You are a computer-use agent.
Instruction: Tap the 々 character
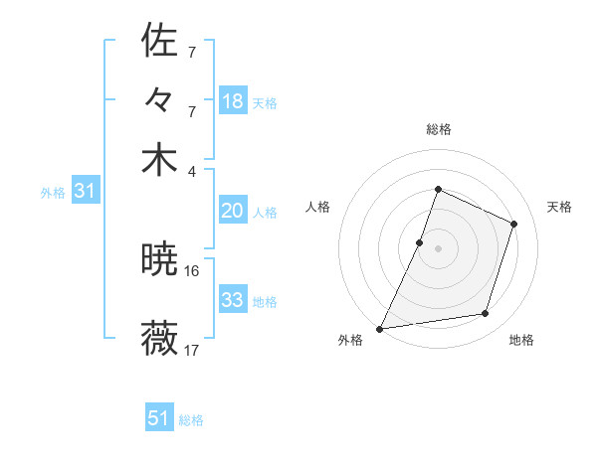[x=159, y=100]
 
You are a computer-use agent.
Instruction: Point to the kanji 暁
[x=159, y=261]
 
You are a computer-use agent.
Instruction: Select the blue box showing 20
[x=232, y=210]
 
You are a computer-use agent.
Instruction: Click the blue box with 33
[x=232, y=299]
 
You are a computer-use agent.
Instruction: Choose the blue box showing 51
[x=159, y=418]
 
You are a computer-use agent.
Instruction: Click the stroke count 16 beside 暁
[x=192, y=270]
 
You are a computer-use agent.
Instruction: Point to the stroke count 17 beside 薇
[x=192, y=350]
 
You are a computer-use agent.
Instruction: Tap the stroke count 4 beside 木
[x=192, y=170]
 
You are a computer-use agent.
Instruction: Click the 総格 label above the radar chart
[x=438, y=130]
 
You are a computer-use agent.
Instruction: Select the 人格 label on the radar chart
[x=317, y=207]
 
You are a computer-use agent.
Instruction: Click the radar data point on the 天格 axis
[x=514, y=224]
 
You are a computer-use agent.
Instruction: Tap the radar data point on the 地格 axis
[x=486, y=314]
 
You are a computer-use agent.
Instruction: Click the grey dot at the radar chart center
[x=438, y=247]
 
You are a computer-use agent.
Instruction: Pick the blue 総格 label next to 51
[x=191, y=420]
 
